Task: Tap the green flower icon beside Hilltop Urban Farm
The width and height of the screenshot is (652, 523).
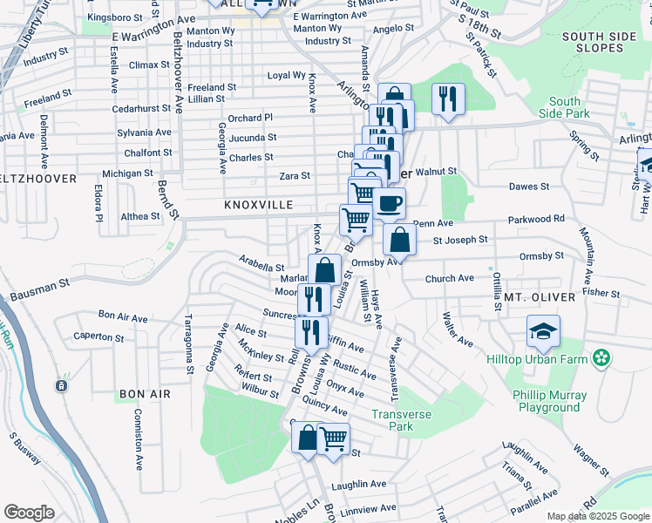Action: (x=601, y=357)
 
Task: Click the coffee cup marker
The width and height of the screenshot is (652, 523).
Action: (x=389, y=204)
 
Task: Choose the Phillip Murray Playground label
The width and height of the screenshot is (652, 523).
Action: (x=549, y=401)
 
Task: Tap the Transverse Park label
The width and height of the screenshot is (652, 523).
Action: (x=402, y=420)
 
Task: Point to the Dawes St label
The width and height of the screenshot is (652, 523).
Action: (x=529, y=187)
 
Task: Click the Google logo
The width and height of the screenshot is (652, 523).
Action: (x=29, y=513)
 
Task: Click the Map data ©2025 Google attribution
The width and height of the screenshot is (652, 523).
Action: (x=597, y=516)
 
